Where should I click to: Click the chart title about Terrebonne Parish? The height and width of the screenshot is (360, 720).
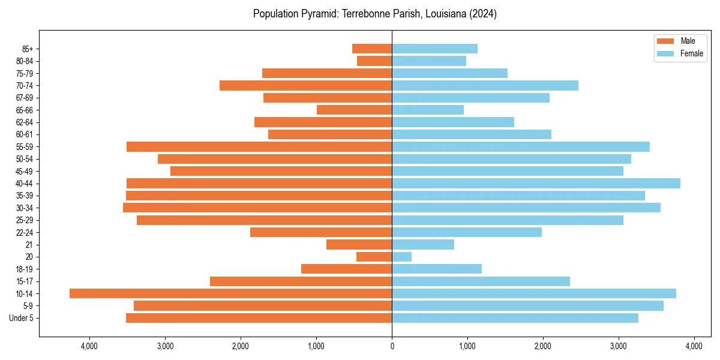pyautogui.click(x=374, y=14)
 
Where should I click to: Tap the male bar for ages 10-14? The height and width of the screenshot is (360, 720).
pyautogui.click(x=230, y=293)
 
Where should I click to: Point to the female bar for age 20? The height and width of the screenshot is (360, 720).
pyautogui.click(x=401, y=257)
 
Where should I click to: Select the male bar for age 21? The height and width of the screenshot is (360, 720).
pyautogui.click(x=359, y=244)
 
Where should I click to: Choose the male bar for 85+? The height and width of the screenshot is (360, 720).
pyautogui.click(x=372, y=49)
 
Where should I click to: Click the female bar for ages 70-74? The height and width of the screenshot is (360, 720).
pyautogui.click(x=485, y=85)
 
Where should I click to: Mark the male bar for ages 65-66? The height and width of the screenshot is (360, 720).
pyautogui.click(x=354, y=110)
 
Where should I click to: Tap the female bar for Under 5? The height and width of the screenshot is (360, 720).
pyautogui.click(x=515, y=318)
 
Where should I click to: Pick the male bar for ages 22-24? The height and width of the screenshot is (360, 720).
pyautogui.click(x=321, y=232)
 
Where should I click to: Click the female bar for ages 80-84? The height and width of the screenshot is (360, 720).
pyautogui.click(x=429, y=61)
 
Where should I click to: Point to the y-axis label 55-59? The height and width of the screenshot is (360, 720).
pyautogui.click(x=25, y=146)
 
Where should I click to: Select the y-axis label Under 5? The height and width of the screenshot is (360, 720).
pyautogui.click(x=22, y=318)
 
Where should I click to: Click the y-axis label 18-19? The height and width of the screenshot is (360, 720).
pyautogui.click(x=25, y=269)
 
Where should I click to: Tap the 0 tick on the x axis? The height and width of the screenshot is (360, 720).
pyautogui.click(x=392, y=346)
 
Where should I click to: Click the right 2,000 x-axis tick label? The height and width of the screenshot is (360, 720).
pyautogui.click(x=543, y=346)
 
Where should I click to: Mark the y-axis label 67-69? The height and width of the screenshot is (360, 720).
pyautogui.click(x=25, y=98)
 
